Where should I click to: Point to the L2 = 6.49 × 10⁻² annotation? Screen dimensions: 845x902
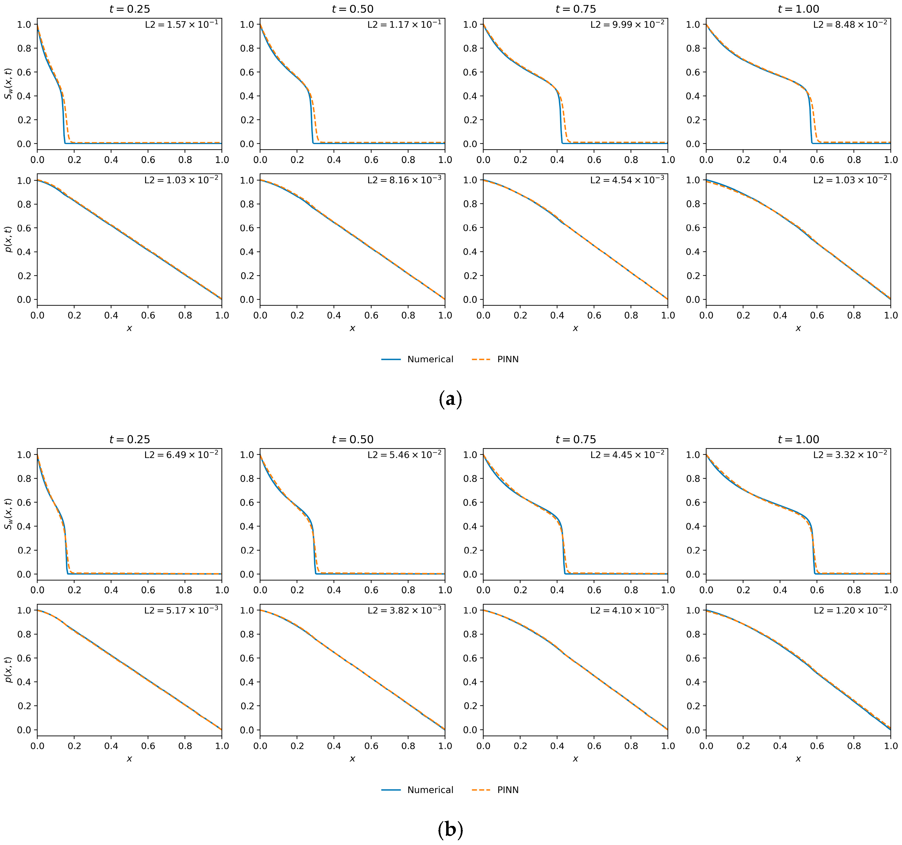point(181,455)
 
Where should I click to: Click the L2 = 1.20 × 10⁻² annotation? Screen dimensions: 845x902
point(850,610)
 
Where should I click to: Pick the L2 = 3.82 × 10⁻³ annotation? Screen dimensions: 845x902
point(404,610)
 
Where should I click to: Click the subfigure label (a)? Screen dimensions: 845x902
point(451,399)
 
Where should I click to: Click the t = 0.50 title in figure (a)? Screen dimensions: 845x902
point(353,9)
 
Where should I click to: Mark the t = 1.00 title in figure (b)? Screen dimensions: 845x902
point(798,439)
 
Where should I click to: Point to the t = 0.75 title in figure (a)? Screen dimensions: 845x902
point(575,9)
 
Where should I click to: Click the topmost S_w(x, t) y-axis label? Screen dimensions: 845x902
point(8,84)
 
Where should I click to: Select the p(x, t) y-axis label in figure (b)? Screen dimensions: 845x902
point(8,669)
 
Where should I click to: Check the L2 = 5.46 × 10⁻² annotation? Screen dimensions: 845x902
point(404,455)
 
